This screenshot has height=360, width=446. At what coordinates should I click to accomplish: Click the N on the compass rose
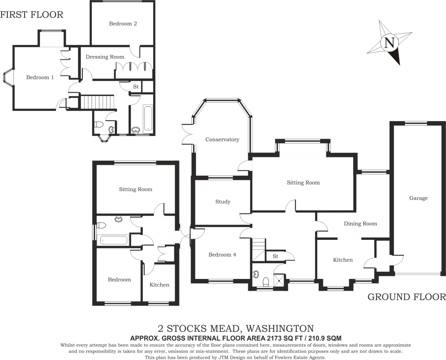coord(390,44)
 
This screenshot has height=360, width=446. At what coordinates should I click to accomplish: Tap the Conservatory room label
coord(222,139)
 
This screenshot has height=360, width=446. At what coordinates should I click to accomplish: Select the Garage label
coord(418,198)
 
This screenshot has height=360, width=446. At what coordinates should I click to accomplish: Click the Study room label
coord(223,202)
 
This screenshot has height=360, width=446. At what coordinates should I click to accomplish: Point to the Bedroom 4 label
coord(222,255)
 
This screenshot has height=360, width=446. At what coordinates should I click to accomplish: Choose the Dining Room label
coord(361,224)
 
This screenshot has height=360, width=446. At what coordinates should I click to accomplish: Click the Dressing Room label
coord(105,57)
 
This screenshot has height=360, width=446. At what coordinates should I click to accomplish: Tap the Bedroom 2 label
coord(123,24)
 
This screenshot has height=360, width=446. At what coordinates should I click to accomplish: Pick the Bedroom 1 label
coord(40,77)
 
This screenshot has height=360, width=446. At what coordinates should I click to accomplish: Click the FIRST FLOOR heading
coord(32,15)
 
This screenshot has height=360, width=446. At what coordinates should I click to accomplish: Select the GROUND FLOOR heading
coord(407,297)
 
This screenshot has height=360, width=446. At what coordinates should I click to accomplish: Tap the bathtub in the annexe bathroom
coord(113,240)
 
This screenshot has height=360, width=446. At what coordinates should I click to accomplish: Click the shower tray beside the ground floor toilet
coord(279,280)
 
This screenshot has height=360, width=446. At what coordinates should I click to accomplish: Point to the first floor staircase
coord(97,102)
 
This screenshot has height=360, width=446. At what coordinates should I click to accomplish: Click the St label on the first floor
coord(136,87)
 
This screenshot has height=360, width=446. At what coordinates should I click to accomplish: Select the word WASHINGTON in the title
coord(279,328)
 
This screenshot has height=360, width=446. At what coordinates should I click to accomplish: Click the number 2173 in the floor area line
coord(274,338)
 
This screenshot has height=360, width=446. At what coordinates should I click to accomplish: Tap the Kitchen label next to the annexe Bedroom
coord(159,285)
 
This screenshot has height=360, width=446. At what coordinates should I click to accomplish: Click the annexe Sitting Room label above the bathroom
coord(136,189)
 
